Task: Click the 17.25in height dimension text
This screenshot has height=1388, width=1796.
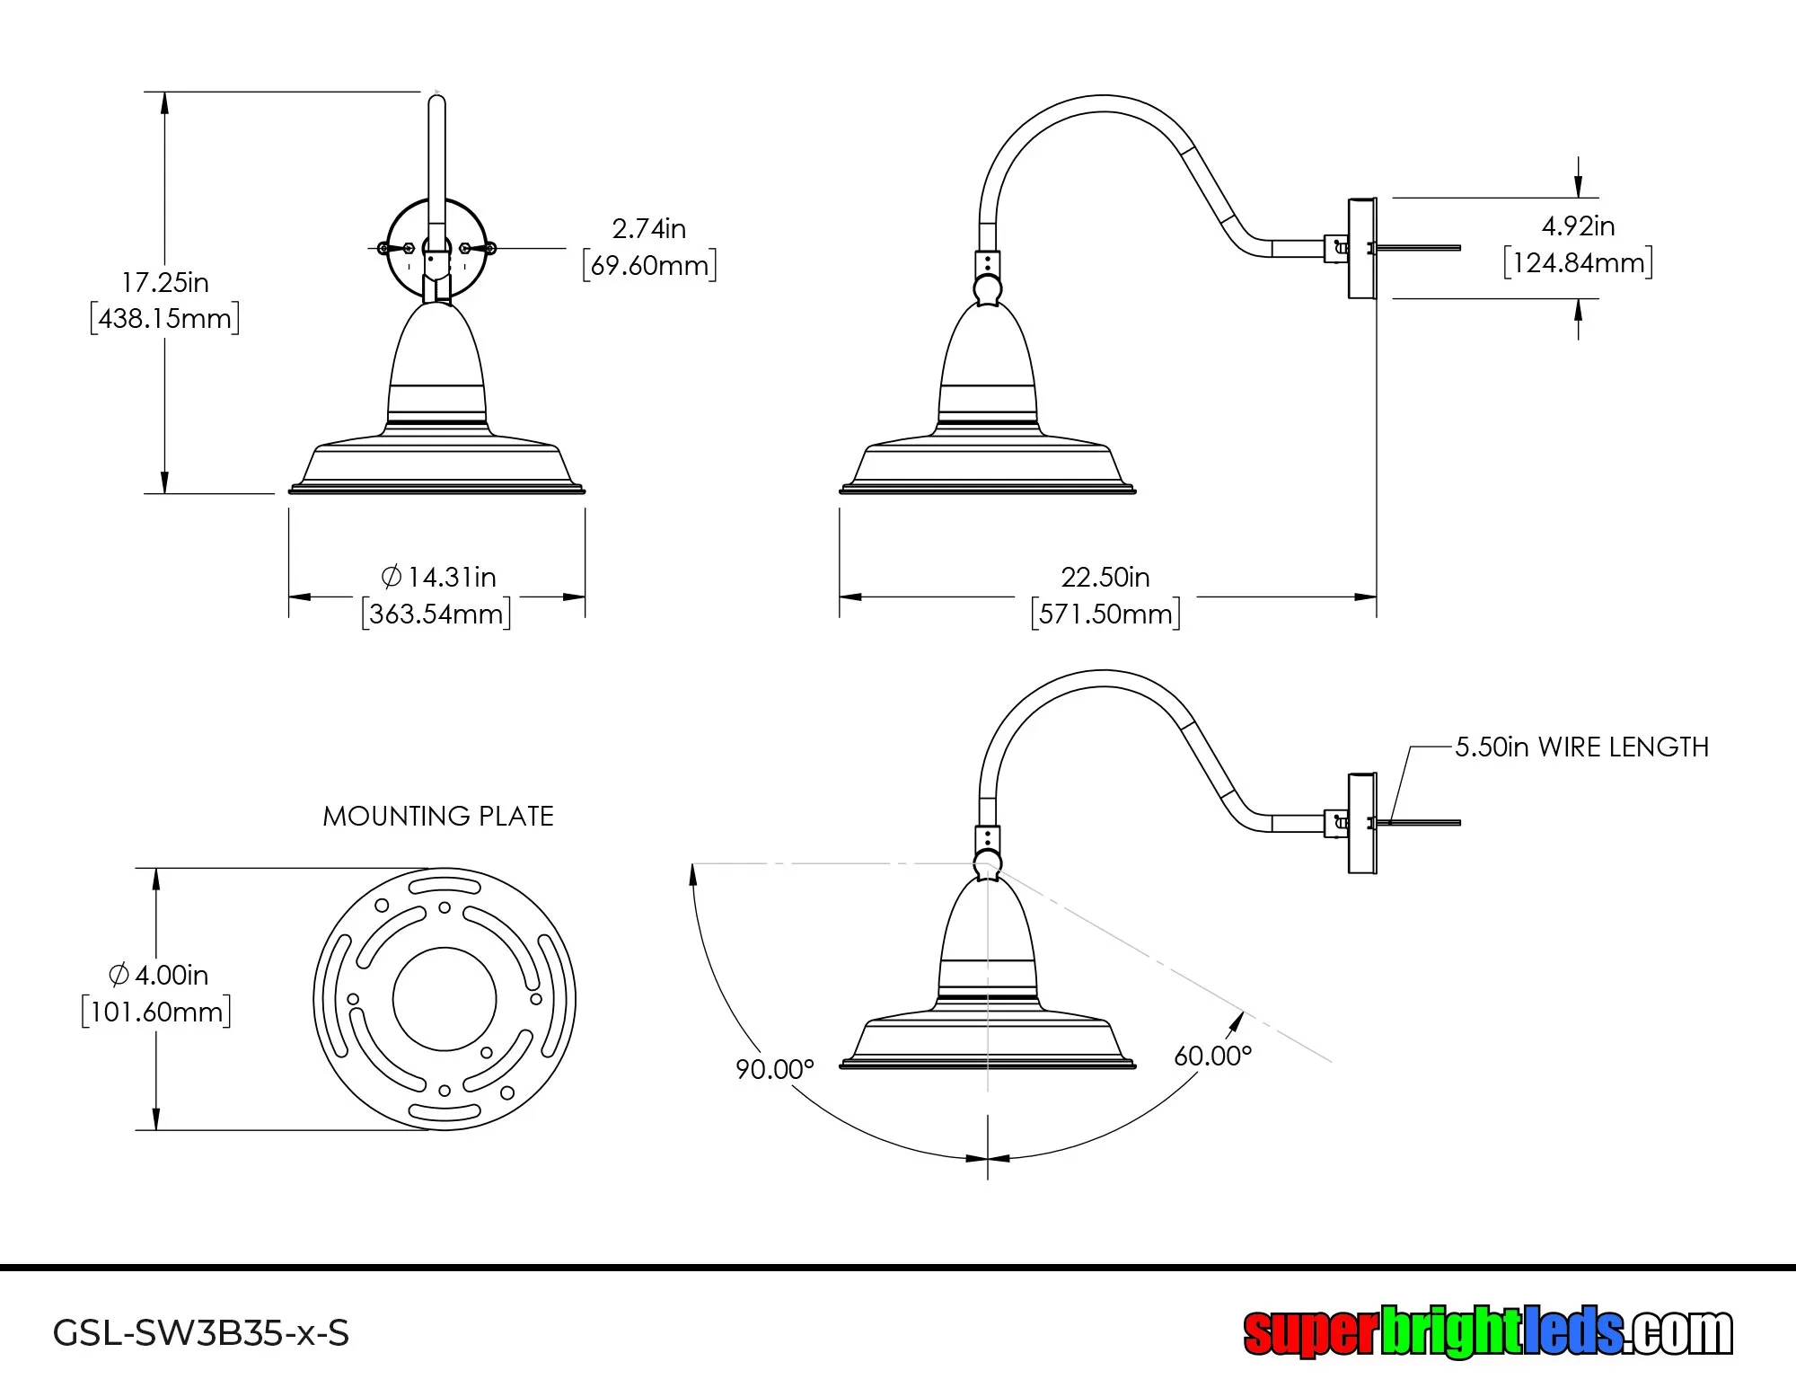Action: coord(165,282)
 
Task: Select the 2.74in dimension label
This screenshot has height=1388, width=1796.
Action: coord(649,229)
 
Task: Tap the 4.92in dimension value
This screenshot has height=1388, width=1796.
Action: coord(1578,226)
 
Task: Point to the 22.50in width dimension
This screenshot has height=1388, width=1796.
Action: coord(1105,577)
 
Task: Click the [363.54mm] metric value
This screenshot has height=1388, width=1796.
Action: coord(436,614)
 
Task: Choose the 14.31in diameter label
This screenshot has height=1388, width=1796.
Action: coord(439,577)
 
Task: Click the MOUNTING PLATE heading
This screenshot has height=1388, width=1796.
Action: coord(438,816)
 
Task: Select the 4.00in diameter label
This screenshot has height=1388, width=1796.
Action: coord(158,975)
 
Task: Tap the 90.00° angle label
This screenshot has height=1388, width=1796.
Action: coord(774,1069)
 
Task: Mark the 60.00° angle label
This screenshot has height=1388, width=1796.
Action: coord(1212,1056)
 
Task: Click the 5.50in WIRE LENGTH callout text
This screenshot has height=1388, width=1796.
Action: coord(1581,747)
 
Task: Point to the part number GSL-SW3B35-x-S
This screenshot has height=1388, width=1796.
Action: coord(201,1332)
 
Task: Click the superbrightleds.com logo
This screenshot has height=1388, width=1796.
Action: coord(1487,1332)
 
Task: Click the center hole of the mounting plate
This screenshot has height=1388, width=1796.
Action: coord(445,999)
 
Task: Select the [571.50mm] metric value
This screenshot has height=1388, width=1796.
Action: coord(1105,614)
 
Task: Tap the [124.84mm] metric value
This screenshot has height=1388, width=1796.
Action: coord(1578,263)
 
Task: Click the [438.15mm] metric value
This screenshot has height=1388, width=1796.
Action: coord(165,319)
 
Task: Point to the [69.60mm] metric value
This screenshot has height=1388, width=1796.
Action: coord(649,266)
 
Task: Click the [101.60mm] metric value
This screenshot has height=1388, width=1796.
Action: coord(156,1012)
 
